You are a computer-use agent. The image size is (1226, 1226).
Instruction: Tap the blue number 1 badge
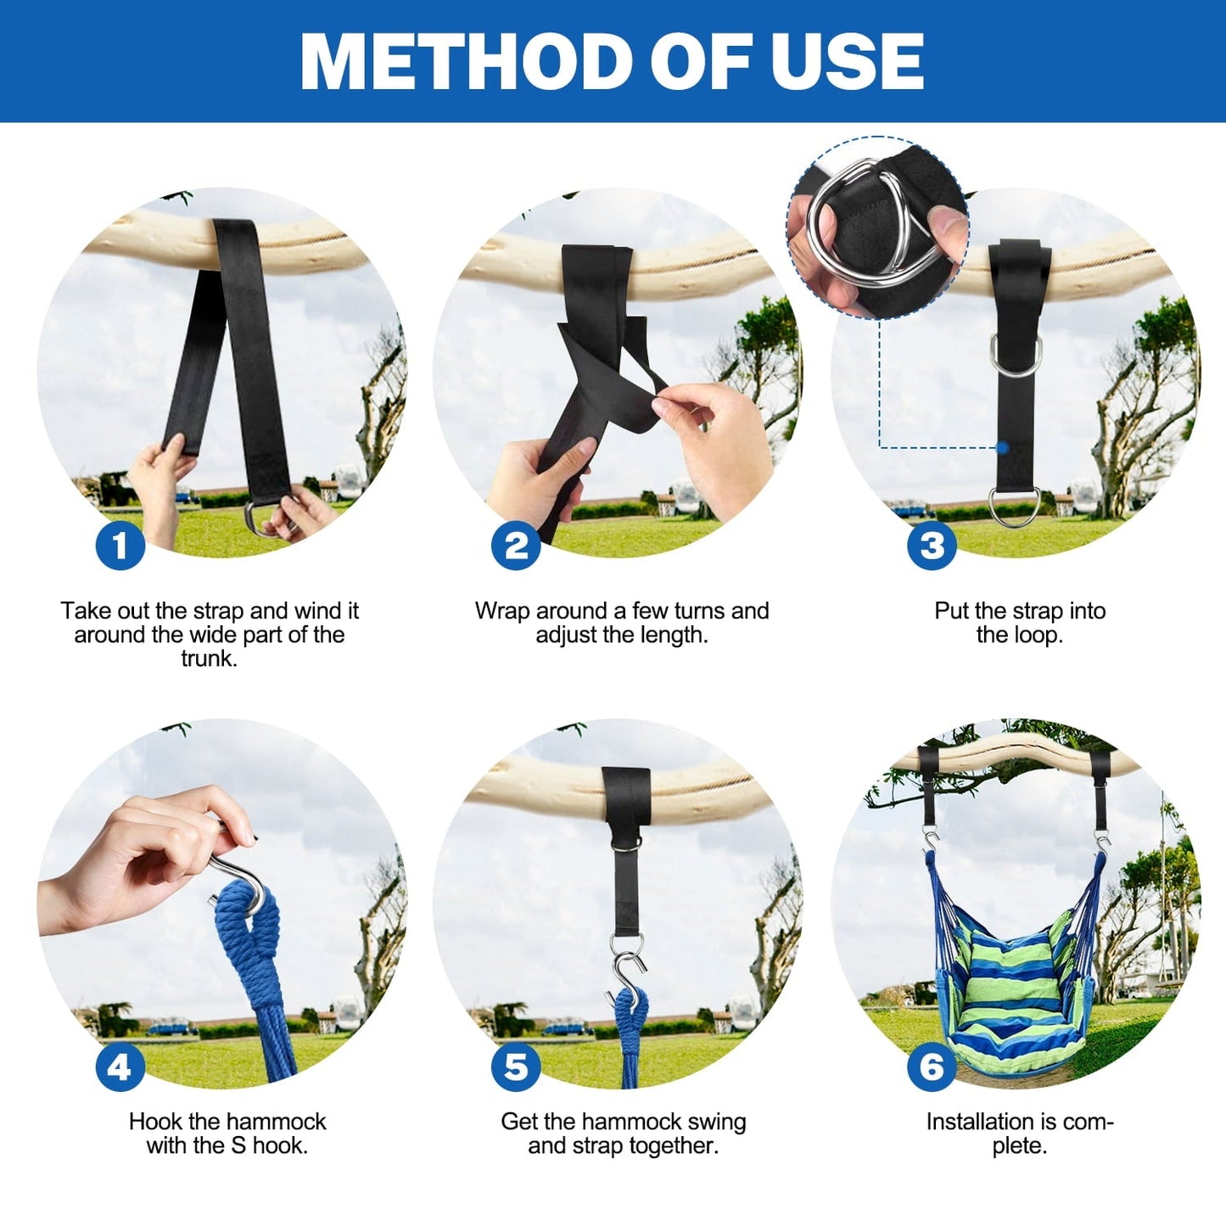pos(120,545)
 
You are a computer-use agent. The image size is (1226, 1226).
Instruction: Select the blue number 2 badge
pos(516,545)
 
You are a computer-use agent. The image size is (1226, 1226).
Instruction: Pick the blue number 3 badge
pos(931,545)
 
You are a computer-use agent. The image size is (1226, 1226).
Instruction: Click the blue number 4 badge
pos(120,1066)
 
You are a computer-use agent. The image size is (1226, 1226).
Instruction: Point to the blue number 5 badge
pos(516,1066)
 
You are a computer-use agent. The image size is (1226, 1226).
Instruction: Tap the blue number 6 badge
pos(931,1066)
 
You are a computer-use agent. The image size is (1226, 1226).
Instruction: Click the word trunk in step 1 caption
pos(209,659)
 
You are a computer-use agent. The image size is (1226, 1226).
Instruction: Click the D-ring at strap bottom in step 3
pos(1014,507)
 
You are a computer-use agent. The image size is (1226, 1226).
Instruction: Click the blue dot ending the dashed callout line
pos(1002,447)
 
